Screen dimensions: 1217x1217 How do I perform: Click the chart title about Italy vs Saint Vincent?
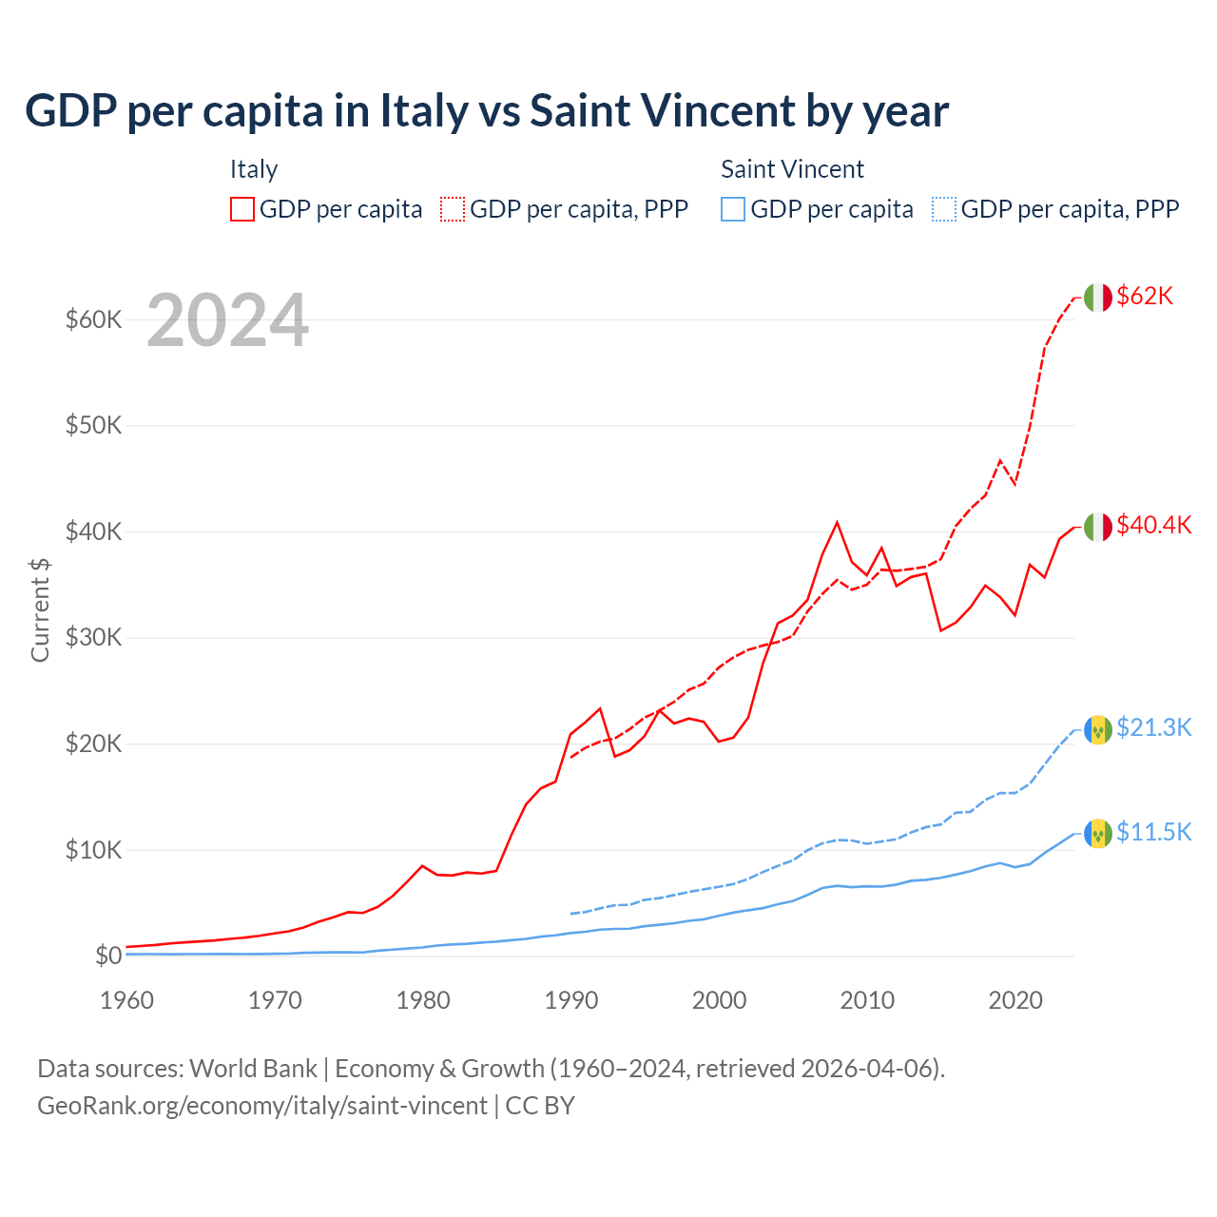pos(487,110)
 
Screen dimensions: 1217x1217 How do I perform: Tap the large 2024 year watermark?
pos(227,320)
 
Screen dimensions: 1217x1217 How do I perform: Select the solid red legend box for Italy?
pos(242,209)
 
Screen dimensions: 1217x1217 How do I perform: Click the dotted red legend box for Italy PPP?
pos(453,209)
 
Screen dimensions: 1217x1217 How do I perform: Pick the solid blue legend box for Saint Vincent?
pos(733,209)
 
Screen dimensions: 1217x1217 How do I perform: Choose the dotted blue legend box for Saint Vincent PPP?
pos(944,209)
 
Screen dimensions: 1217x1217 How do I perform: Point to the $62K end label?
pos(1145,296)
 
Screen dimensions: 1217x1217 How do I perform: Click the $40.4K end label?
pos(1153,525)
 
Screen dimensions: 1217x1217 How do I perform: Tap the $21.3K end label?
pos(1153,727)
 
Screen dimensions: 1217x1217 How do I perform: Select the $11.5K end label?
pos(1153,832)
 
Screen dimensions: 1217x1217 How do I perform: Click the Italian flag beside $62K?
pos(1098,298)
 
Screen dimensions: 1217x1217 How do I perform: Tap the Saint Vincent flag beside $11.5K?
pos(1098,834)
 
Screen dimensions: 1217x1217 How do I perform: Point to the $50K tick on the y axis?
pos(93,425)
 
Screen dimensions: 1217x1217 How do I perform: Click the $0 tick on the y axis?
pos(108,956)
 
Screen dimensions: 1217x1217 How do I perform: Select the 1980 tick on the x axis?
pos(423,1000)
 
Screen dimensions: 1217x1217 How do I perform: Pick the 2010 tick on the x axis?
pos(867,1000)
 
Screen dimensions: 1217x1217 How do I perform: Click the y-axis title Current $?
pos(40,609)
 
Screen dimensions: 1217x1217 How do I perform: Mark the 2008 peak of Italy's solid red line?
pos(837,522)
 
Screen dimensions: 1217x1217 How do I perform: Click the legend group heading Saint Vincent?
pos(792,169)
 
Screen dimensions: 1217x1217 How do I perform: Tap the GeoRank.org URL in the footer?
pos(262,1106)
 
